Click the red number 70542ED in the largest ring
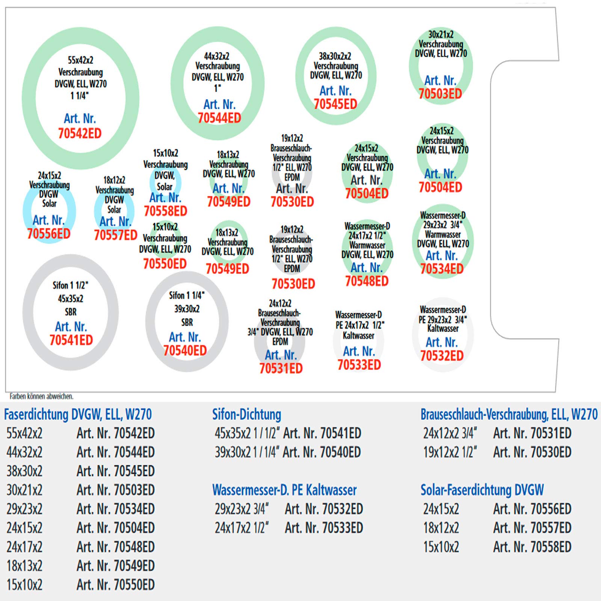point(80,133)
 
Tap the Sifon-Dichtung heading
point(246,414)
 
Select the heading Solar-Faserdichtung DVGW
point(482,490)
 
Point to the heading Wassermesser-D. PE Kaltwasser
point(284,490)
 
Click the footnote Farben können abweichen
point(41,396)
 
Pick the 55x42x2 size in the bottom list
point(24,433)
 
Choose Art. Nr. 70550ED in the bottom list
point(115,584)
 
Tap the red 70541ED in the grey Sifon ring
point(71,340)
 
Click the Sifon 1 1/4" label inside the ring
point(187,295)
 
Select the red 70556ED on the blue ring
point(49,234)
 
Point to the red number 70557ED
point(115,235)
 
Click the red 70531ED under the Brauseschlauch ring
point(281,368)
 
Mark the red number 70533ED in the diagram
point(359,365)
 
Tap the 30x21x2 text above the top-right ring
point(441,35)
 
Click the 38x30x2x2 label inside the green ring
point(335,56)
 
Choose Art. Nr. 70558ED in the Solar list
point(532,547)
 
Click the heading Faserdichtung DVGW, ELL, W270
point(78,414)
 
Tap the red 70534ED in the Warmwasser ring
point(442,269)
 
